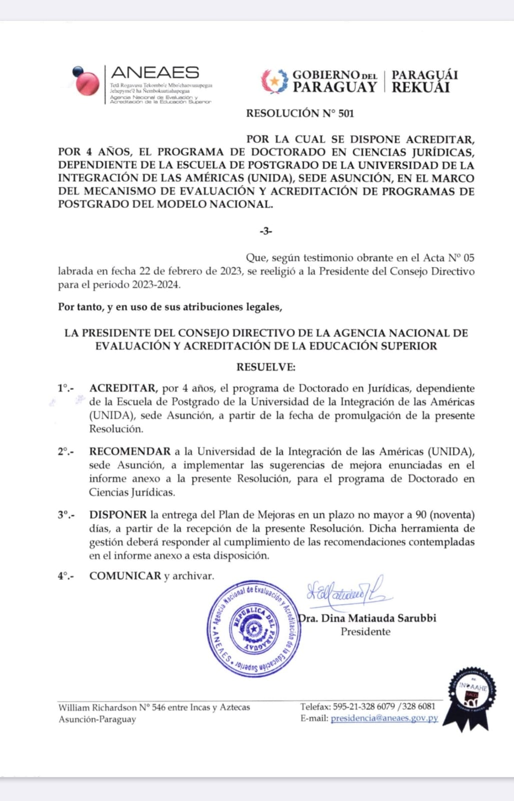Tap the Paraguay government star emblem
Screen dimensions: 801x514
(274, 81)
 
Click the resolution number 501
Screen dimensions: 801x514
(346, 114)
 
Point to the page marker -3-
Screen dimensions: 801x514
(266, 231)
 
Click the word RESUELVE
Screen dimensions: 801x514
(266, 367)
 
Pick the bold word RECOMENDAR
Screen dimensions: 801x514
(130, 452)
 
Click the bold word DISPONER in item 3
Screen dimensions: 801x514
(118, 515)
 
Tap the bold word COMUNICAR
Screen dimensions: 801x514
(125, 576)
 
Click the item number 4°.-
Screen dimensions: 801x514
(66, 576)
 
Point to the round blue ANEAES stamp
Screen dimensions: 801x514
(254, 629)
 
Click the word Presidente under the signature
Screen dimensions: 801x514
(365, 631)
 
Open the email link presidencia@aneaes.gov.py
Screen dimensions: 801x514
(384, 718)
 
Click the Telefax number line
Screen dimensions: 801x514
(368, 706)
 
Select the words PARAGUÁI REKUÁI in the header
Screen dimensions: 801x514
(424, 81)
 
